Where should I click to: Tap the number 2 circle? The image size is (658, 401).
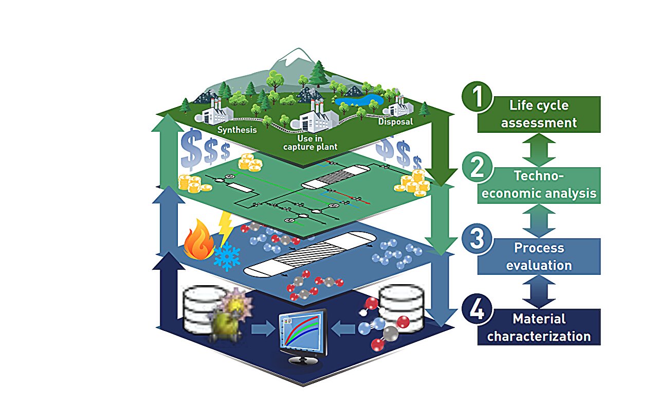point(478,168)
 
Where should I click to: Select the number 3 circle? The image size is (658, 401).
point(478,239)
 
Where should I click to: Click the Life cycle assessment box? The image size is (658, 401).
point(539,114)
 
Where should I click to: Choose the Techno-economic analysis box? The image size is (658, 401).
point(539,185)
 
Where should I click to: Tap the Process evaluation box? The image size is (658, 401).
point(539,256)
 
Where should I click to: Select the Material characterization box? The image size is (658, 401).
point(539,327)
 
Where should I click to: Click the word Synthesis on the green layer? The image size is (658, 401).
point(236,130)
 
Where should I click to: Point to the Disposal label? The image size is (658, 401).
point(395,121)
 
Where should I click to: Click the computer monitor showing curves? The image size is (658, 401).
point(302,332)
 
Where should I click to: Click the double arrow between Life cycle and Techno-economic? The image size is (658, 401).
point(539,149)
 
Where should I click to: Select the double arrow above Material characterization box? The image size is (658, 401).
point(539,291)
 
